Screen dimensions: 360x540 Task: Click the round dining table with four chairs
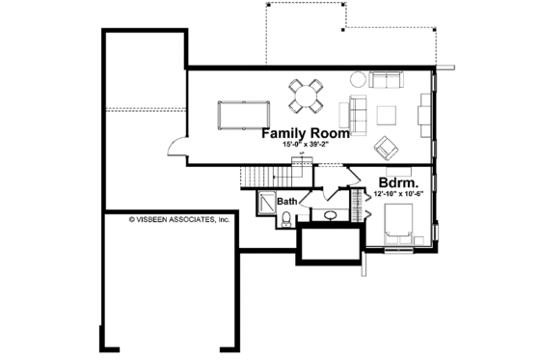[x=307, y=96]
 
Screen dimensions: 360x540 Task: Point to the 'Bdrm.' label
[x=397, y=181]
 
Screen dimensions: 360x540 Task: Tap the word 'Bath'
[x=288, y=202]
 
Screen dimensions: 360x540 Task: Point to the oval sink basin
[x=330, y=214]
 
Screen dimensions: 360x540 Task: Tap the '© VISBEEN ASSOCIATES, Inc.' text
[x=179, y=219]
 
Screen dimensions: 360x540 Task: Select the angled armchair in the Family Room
[x=386, y=146]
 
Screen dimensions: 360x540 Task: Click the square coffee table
[x=387, y=114]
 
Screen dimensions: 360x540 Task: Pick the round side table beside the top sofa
[x=357, y=79]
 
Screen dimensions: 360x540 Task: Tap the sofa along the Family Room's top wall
[x=388, y=80]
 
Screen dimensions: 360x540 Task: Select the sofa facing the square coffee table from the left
[x=359, y=115]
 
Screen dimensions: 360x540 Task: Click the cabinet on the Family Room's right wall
[x=424, y=114]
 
